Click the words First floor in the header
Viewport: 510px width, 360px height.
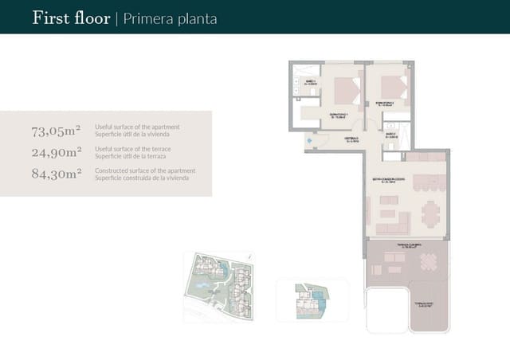[71, 18]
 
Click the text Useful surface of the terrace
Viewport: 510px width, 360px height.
[136, 149]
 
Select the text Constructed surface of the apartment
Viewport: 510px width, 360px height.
[144, 170]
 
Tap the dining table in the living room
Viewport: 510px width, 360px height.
[430, 213]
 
